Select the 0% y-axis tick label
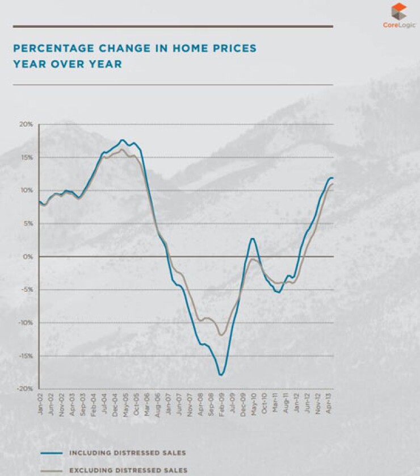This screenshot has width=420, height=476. coord(28,257)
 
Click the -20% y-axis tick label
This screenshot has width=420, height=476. coord(25,389)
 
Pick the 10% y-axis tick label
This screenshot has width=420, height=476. coord(27,190)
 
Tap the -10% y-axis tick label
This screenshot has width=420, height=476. coord(25,323)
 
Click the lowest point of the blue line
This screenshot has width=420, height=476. coord(221,375)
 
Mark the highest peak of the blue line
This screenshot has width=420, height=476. coord(122,140)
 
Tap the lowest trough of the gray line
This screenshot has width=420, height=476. coord(221,335)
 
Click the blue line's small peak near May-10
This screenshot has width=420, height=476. coord(253,239)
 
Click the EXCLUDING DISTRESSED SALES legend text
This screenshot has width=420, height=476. coord(127,470)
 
